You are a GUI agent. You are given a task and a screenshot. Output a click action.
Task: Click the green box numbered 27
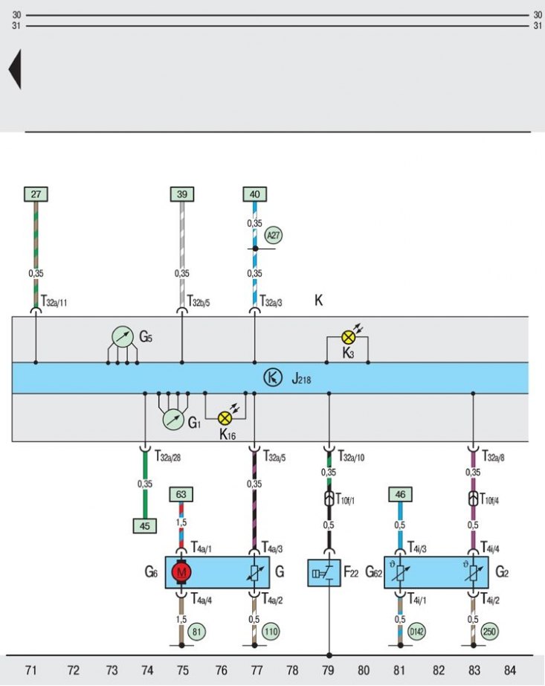(36, 194)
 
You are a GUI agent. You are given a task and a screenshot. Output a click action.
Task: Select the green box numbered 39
(182, 194)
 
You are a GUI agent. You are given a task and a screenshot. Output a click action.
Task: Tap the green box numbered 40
(255, 194)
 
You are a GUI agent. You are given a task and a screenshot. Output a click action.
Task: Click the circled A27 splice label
(274, 235)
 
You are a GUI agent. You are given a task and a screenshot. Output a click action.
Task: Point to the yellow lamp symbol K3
(348, 337)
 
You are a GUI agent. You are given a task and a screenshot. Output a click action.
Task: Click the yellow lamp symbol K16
(225, 419)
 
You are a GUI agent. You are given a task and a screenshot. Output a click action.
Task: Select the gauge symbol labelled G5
(123, 336)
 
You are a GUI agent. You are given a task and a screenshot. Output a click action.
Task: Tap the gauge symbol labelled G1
(173, 420)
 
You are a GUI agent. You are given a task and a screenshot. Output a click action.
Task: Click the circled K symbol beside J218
(273, 377)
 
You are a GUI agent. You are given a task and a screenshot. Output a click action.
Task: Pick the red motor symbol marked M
(181, 572)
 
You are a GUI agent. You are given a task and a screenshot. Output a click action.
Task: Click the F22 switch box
(324, 573)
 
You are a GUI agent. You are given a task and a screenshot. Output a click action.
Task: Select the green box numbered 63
(181, 495)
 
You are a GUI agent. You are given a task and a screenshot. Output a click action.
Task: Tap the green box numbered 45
(145, 526)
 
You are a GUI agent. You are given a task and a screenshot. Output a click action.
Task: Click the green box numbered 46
(400, 495)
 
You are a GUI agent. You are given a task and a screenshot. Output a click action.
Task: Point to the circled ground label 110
(271, 631)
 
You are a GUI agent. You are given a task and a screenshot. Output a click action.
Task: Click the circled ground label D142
(416, 631)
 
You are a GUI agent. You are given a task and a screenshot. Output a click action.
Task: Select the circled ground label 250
(489, 631)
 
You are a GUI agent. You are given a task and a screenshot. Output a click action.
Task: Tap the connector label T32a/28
(168, 456)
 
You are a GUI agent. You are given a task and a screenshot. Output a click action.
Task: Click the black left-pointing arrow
(14, 69)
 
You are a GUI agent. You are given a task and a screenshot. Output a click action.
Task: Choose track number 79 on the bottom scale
(328, 670)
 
